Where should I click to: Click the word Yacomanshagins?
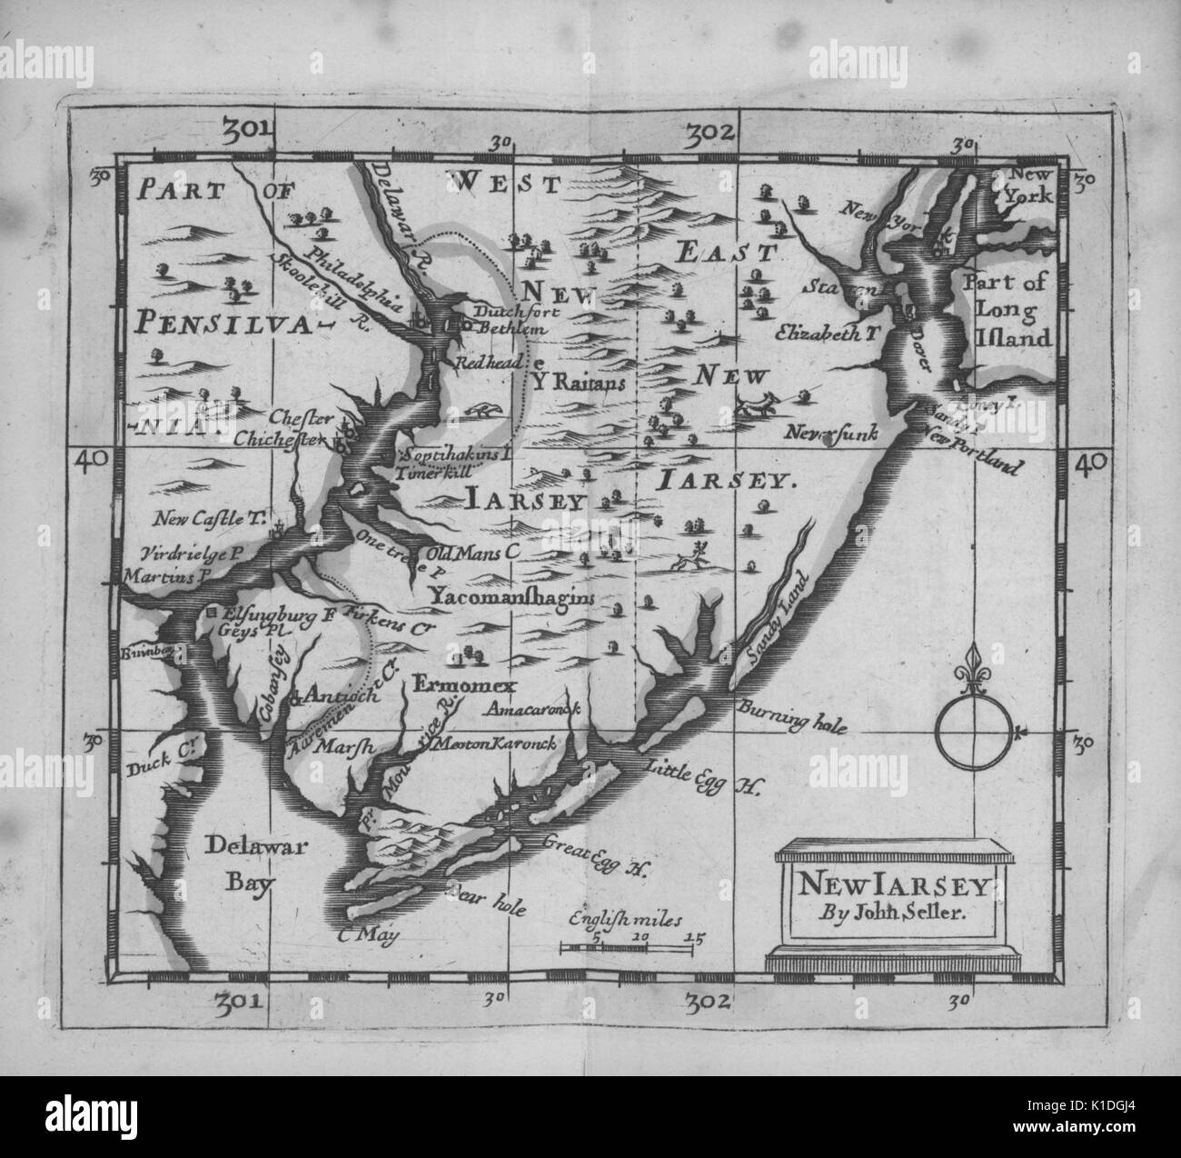click(511, 597)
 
